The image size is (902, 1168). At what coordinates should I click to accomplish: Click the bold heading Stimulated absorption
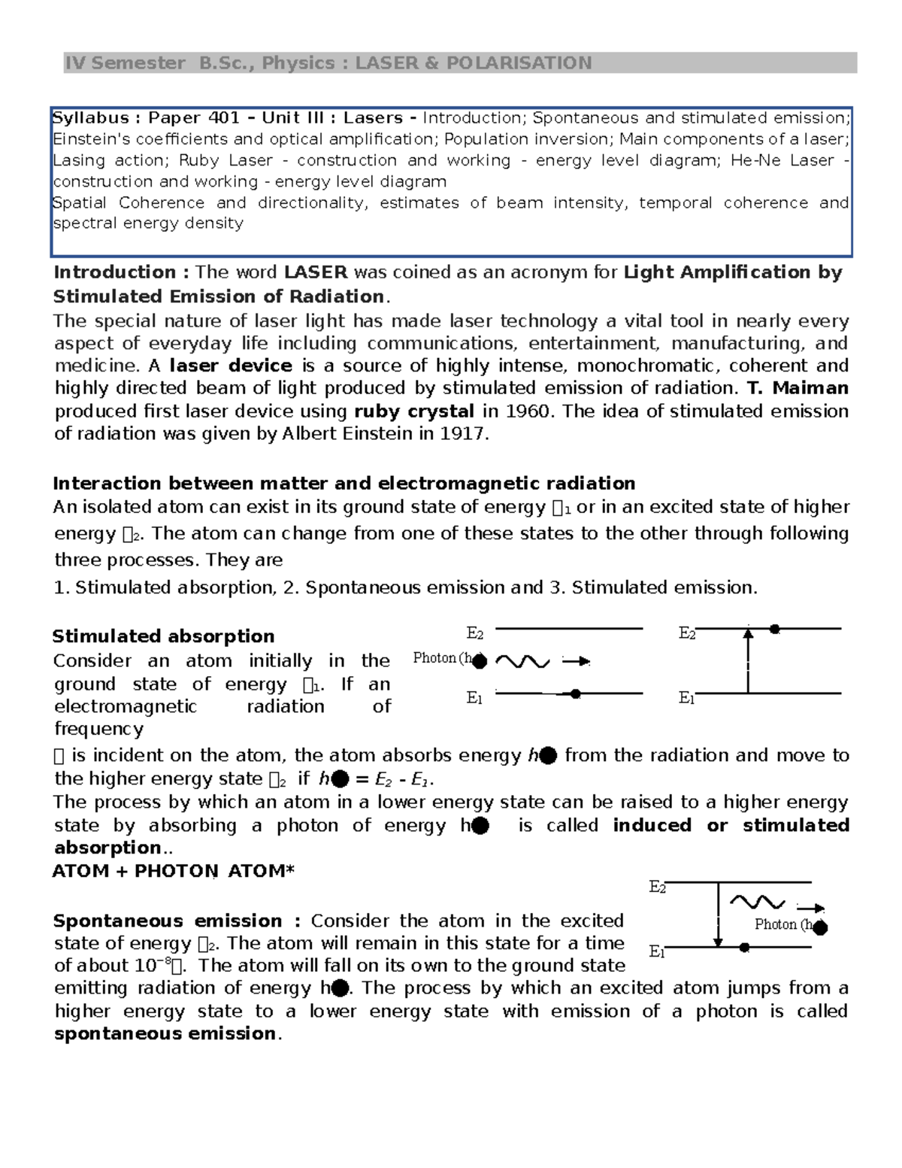coord(163,636)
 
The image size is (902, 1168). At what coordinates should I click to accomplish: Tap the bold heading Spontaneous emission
coord(167,921)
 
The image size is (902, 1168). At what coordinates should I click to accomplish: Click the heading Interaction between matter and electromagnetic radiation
coord(344,483)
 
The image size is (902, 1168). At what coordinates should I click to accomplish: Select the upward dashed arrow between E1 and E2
coord(747,660)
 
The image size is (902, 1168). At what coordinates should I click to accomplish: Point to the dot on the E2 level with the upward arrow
coord(774,629)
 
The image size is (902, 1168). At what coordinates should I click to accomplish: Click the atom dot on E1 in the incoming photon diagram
coord(575,694)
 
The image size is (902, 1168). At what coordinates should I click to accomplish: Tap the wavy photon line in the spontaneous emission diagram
coord(757,902)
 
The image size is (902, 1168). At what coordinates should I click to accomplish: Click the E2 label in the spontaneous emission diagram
coord(657,887)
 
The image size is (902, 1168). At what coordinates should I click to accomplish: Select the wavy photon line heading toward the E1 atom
coord(522,662)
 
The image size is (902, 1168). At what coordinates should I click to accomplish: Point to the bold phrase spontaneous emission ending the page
coord(165,1033)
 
